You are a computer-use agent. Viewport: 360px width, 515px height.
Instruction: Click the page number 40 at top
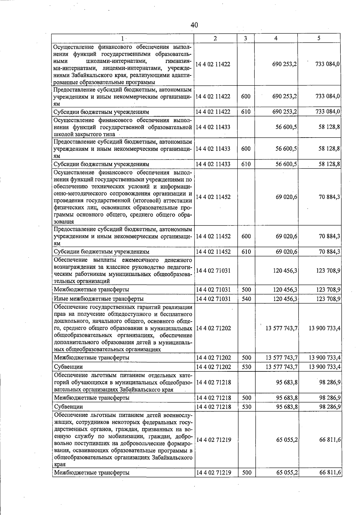click(194, 25)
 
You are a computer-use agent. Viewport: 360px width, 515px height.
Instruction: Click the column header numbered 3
click(245, 38)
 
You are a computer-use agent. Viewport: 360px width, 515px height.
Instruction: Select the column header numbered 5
click(319, 38)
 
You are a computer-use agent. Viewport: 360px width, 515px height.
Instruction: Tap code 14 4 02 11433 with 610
click(213, 164)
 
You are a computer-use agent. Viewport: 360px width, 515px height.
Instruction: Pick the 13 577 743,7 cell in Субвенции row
click(281, 367)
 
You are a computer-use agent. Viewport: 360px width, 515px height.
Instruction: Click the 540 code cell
click(246, 299)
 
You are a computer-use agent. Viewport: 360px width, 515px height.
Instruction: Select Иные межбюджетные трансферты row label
click(98, 299)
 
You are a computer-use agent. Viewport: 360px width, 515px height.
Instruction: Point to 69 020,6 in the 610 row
click(286, 252)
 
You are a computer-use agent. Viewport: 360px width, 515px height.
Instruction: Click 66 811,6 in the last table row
click(330, 473)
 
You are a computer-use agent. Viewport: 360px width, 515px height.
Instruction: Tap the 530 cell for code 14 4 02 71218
click(246, 407)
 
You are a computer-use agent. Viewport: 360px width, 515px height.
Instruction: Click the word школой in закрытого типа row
click(62, 134)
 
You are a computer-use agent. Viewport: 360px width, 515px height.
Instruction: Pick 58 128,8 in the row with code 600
click(329, 149)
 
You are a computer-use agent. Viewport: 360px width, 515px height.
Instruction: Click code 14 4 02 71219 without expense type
click(213, 440)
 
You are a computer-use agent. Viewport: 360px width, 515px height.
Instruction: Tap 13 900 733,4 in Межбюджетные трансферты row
click(324, 358)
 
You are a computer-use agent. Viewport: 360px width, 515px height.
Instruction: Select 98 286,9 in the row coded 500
click(330, 398)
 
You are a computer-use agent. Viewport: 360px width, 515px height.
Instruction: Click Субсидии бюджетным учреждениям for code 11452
click(101, 252)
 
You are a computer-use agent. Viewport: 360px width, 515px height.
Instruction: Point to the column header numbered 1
click(122, 38)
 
